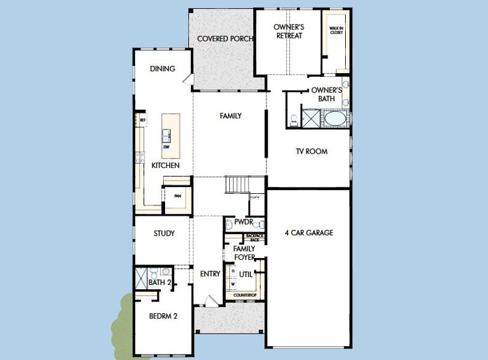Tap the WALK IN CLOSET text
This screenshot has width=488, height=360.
(336, 31)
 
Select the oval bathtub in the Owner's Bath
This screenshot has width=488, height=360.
(336, 118)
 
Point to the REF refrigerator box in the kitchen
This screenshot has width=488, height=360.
(142, 120)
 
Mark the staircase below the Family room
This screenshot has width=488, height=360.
(238, 184)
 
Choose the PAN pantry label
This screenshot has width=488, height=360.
(177, 196)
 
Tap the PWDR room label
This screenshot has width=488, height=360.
(244, 222)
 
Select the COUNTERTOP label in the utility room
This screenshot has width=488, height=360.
(245, 295)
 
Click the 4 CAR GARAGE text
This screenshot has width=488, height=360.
(309, 233)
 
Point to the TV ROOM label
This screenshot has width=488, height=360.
(312, 152)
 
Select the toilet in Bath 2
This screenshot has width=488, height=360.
(164, 273)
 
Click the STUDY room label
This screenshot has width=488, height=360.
(163, 233)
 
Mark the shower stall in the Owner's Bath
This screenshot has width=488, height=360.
(310, 118)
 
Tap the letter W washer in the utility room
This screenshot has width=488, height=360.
(233, 284)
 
